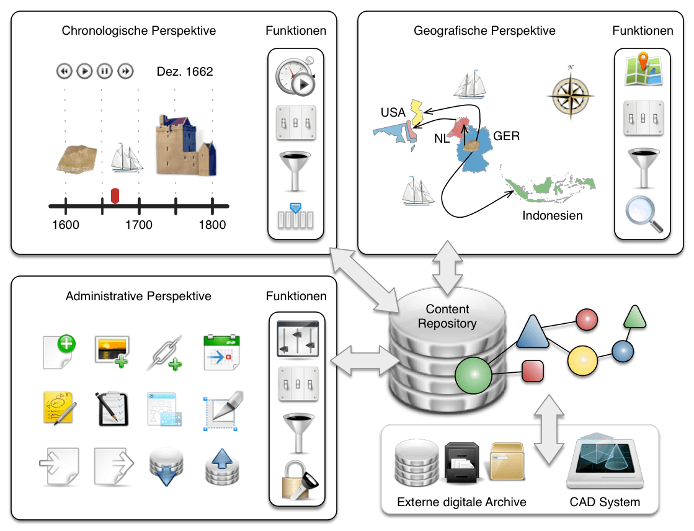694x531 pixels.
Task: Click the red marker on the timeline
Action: pos(114,195)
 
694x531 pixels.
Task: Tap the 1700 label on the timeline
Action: pos(138,225)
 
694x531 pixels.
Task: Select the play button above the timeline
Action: pos(84,71)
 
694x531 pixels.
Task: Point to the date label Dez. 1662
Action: pos(184,72)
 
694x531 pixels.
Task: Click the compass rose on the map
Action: pos(571,93)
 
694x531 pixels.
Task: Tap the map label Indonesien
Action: pos(553,216)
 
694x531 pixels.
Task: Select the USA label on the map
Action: pos(393,112)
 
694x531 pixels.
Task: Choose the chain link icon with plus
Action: pos(166,353)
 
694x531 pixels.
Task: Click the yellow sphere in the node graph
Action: pos(582,359)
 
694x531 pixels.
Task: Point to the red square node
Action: pos(533,370)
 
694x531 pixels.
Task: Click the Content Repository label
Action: pos(447,316)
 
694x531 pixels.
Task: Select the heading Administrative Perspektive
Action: pos(138,297)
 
